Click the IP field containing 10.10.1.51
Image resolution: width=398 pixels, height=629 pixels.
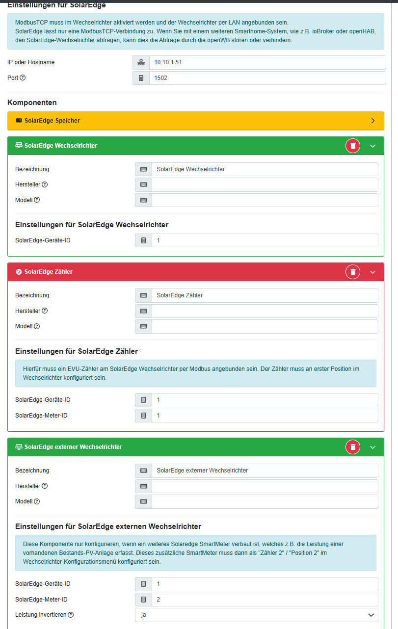point(267,62)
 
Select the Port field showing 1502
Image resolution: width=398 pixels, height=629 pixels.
point(267,78)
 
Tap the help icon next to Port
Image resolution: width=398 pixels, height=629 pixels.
point(23,78)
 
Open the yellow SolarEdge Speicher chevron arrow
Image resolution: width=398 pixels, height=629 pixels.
point(373,121)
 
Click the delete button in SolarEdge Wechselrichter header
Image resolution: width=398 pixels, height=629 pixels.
point(353,146)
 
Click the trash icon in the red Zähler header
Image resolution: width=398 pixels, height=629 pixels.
point(353,272)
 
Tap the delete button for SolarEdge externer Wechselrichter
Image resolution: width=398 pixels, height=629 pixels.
point(353,447)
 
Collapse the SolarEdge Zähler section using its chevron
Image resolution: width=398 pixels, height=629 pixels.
point(372,272)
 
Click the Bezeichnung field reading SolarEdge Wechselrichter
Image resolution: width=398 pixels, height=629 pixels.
point(265,169)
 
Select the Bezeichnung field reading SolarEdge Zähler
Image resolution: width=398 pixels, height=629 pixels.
point(265,295)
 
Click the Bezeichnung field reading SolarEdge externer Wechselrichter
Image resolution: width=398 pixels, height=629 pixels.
point(265,471)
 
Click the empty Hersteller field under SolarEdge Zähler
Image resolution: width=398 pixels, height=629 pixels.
point(265,311)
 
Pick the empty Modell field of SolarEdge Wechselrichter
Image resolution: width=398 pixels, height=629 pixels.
point(265,200)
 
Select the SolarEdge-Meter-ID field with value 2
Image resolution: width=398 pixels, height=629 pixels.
point(265,600)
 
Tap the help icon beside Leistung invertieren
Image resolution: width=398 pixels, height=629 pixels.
point(71,615)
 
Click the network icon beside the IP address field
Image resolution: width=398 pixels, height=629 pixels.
point(141,62)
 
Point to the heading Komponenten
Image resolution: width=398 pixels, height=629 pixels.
point(32,103)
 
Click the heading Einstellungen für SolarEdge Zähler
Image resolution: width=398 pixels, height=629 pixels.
point(77,351)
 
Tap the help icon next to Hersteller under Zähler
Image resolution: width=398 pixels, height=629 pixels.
point(45,311)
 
